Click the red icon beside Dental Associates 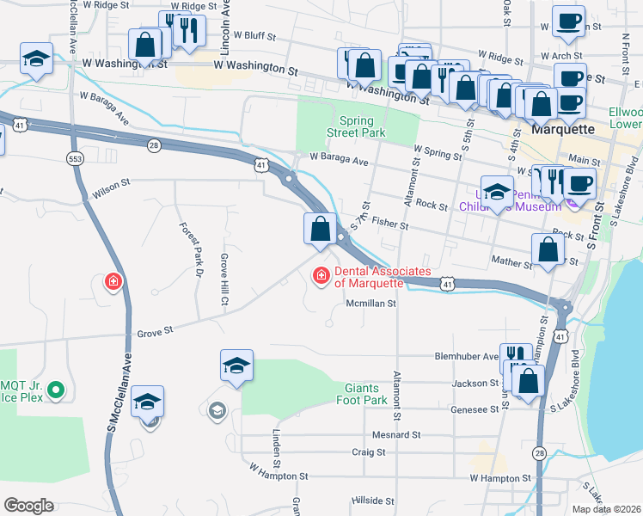320,275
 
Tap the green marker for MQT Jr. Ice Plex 57,390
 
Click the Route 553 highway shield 75,157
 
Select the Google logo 28,506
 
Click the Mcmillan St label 370,303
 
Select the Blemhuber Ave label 466,356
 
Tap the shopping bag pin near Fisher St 320,230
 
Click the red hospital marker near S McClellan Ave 113,281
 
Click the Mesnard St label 396,435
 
